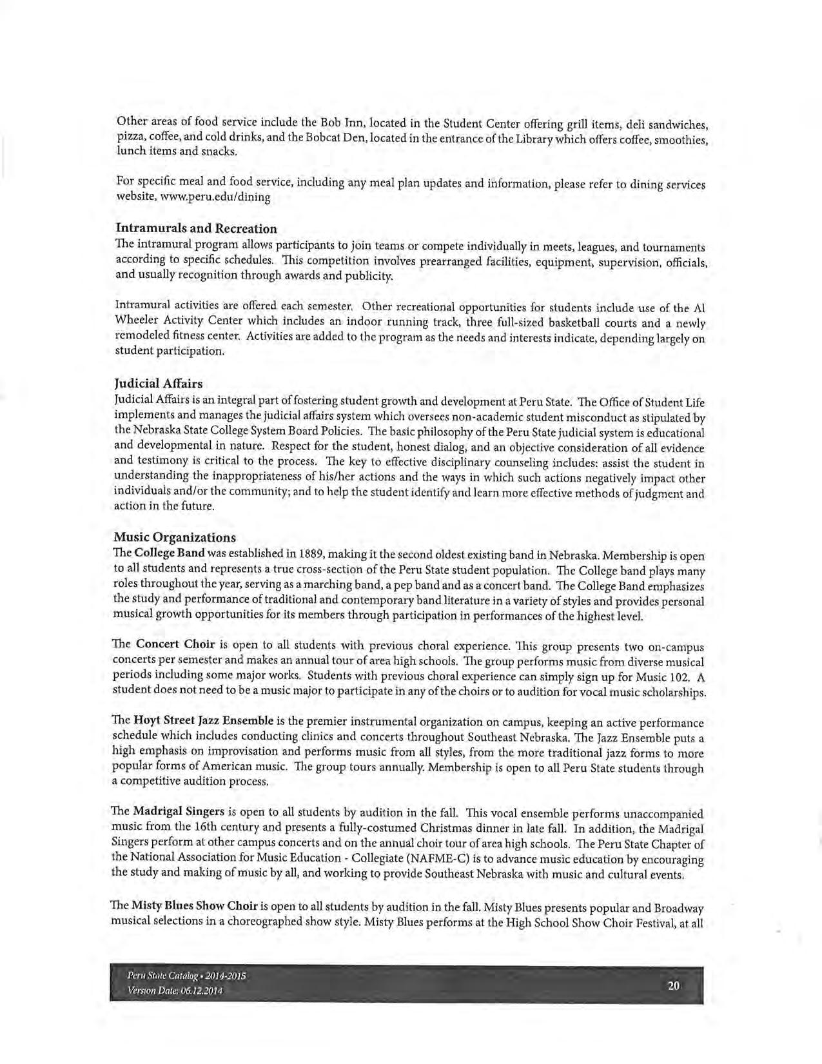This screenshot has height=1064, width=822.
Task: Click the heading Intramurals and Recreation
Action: tap(196, 228)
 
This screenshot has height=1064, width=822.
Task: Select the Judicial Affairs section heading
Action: tap(158, 384)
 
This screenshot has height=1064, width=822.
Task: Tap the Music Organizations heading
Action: tap(175, 537)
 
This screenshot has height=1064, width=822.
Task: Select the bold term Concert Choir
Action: tap(175, 644)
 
